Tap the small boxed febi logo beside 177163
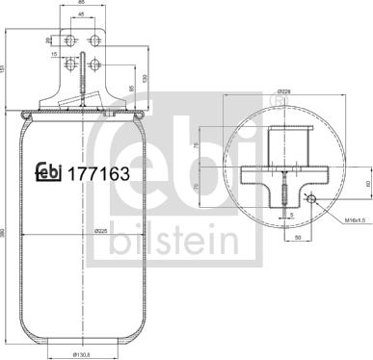[x=48, y=172]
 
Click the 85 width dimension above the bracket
[x=85, y=4]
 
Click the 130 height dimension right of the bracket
[x=145, y=76]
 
